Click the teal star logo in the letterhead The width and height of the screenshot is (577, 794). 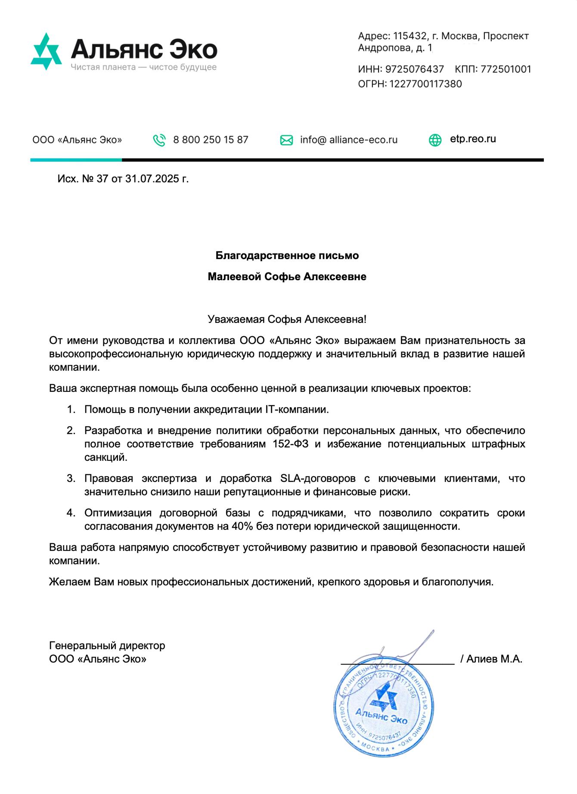tap(46, 51)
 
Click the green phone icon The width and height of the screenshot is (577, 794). tap(159, 140)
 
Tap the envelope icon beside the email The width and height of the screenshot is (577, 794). tap(286, 140)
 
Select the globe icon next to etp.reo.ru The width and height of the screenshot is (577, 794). tap(435, 140)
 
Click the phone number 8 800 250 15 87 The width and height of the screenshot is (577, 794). tap(211, 140)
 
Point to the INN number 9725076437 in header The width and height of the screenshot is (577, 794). tap(414, 69)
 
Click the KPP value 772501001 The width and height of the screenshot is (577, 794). tap(506, 69)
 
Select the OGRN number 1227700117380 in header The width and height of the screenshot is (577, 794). tap(425, 84)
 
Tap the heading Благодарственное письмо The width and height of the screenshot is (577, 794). tap(287, 256)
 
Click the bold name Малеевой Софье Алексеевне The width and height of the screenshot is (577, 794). tap(287, 277)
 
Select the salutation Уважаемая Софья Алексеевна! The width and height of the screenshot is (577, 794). tap(287, 319)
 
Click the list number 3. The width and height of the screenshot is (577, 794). tap(71, 478)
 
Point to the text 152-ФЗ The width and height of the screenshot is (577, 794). tap(290, 444)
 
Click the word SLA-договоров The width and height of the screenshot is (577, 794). tap(318, 478)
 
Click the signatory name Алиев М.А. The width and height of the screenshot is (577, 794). tap(494, 659)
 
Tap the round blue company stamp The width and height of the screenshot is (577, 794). tap(384, 707)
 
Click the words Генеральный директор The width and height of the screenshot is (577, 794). tap(107, 646)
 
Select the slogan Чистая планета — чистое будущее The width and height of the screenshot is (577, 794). tap(144, 67)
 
